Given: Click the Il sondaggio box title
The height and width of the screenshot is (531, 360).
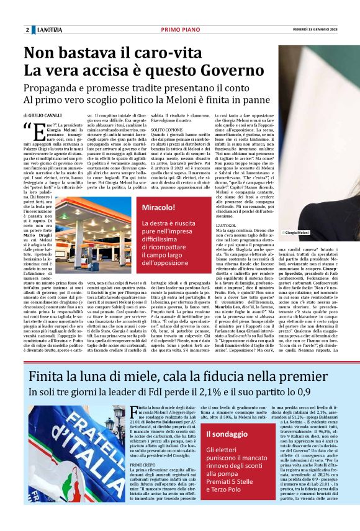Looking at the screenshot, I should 227,433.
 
